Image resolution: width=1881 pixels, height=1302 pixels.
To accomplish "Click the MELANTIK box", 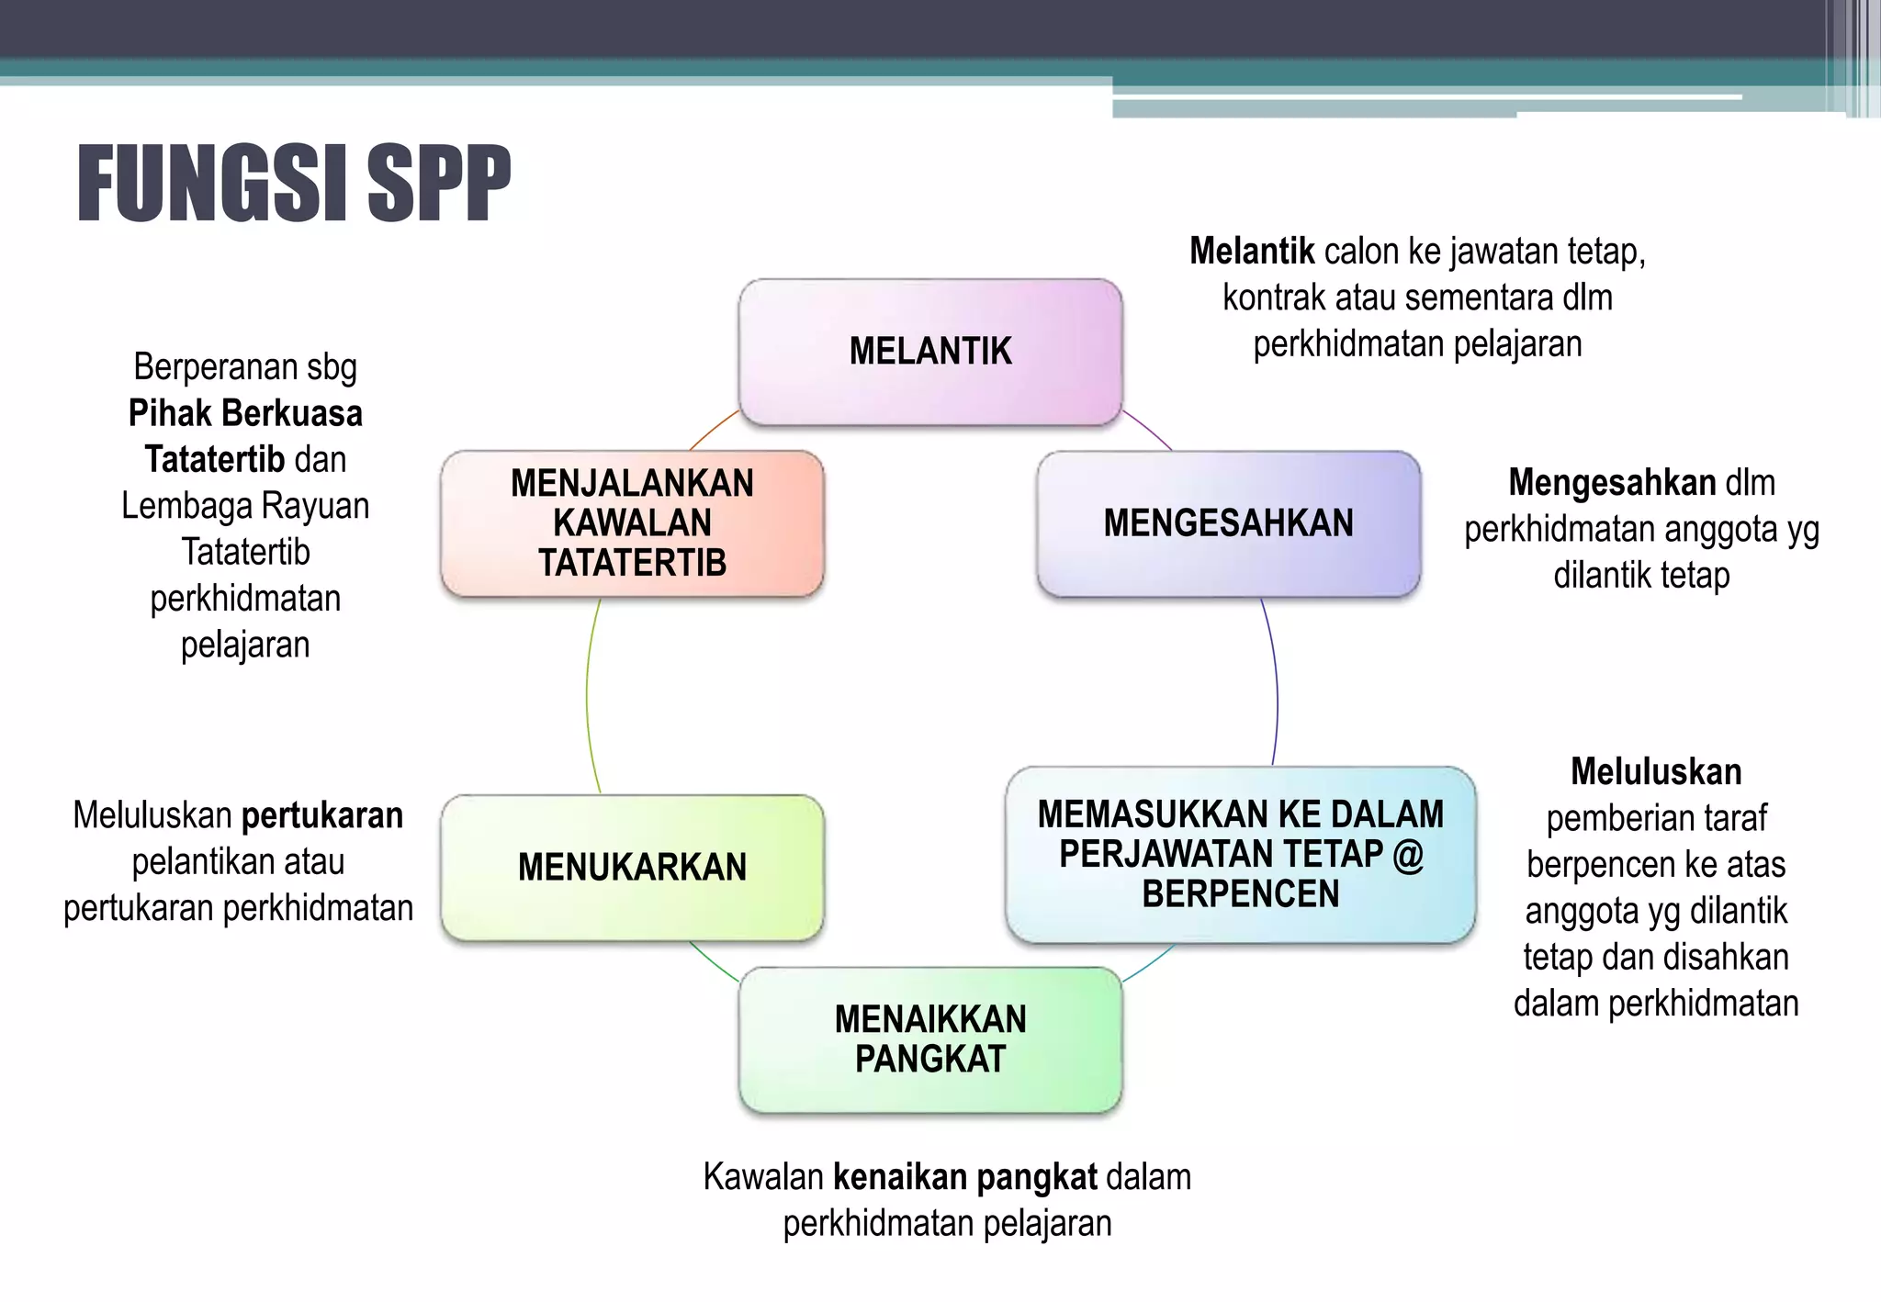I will pyautogui.click(x=930, y=352).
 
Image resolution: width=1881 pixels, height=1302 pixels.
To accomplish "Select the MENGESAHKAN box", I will pyautogui.click(x=1228, y=523).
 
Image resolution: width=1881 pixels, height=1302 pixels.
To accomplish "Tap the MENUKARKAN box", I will pyautogui.click(x=632, y=868).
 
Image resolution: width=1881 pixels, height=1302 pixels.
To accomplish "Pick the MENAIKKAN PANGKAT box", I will pyautogui.click(x=930, y=1039).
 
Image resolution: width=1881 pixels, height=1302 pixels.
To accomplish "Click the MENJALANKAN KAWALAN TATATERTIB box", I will pyautogui.click(x=632, y=523).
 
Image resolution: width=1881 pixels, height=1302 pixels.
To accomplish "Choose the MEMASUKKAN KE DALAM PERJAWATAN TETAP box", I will pyautogui.click(x=1240, y=854).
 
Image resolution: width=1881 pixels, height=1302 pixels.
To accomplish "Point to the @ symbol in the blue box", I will pyautogui.click(x=1408, y=855).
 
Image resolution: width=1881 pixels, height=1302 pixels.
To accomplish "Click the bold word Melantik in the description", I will pyautogui.click(x=1252, y=252).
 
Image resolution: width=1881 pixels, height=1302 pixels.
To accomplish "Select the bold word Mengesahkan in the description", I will pyautogui.click(x=1612, y=483).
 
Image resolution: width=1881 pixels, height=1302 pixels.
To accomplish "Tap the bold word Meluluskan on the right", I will pyautogui.click(x=1656, y=772).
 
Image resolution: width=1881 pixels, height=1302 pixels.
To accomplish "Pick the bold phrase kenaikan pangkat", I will pyautogui.click(x=964, y=1177).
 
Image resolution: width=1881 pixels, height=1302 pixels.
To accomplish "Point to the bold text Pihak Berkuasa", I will pyautogui.click(x=245, y=414).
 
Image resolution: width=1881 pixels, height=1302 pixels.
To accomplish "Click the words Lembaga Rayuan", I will pyautogui.click(x=245, y=506).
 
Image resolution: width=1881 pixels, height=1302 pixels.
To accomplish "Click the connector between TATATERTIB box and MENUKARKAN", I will pyautogui.click(x=588, y=698).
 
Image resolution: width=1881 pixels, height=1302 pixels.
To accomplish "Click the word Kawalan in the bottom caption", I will pyautogui.click(x=763, y=1177).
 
